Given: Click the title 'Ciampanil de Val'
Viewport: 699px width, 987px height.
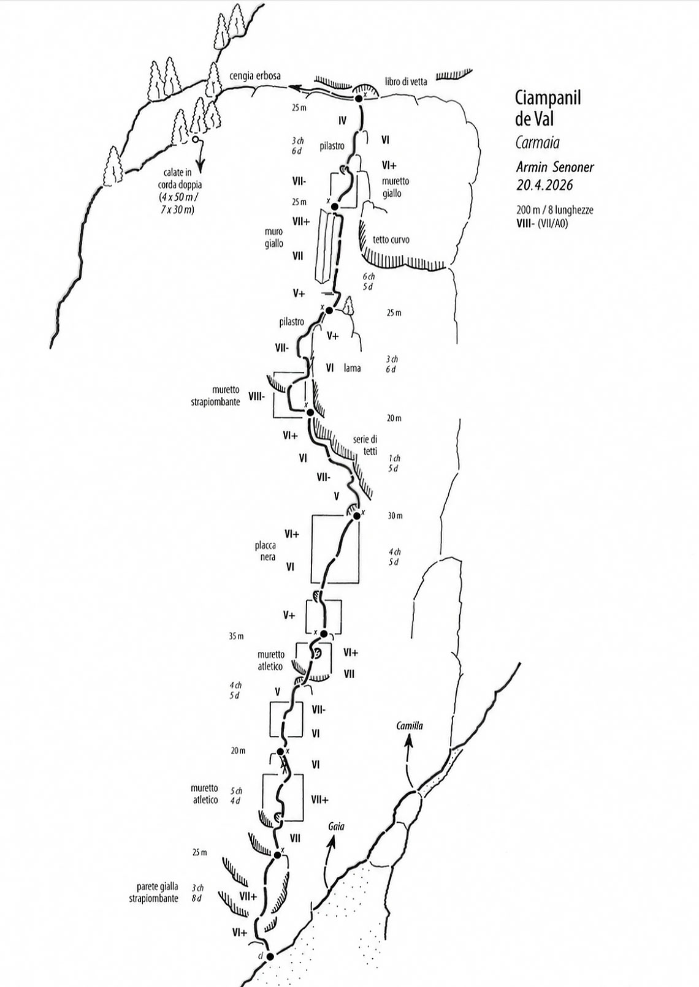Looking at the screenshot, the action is (548, 108).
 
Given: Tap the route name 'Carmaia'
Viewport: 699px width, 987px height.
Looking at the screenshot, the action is (537, 143).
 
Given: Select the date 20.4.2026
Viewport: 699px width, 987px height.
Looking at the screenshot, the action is (544, 184).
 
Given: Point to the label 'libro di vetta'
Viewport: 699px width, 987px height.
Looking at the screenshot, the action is (406, 81).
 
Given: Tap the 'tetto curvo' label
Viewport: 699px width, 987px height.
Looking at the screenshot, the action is (391, 240).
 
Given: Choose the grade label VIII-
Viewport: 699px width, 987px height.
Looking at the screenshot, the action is (257, 396).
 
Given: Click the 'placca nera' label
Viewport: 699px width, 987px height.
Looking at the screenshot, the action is (265, 551).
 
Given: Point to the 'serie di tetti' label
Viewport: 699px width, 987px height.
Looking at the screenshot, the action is (365, 445).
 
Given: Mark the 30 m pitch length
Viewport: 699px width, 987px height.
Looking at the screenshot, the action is (395, 515).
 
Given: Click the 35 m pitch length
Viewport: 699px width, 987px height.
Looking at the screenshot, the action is (236, 637).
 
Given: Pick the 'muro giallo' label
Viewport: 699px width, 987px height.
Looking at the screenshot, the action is (274, 238).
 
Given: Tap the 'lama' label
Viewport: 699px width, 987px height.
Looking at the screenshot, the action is (353, 368).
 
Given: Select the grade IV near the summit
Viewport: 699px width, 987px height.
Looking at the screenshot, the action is (342, 120).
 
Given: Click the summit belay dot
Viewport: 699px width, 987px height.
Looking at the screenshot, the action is (359, 99).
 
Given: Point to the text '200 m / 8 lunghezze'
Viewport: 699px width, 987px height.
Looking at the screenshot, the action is (555, 210).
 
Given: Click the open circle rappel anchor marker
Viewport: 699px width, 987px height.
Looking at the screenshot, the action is (195, 140).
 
